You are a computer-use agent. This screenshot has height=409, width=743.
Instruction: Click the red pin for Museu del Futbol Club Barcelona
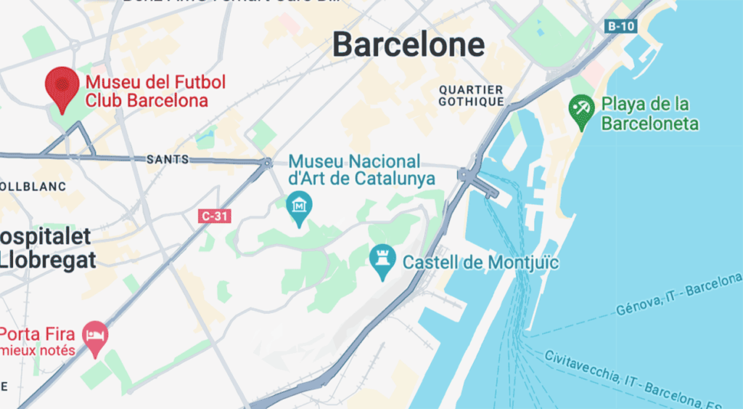coord(62,86)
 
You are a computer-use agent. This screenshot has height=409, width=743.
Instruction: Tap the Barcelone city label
coord(409,45)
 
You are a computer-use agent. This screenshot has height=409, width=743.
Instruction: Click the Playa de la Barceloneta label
coord(649,114)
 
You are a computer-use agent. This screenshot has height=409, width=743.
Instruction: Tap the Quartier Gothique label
coord(471,95)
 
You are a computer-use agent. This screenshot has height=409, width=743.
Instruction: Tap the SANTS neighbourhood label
coord(168,159)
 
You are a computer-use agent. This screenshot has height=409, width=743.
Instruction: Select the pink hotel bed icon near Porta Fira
coord(97,336)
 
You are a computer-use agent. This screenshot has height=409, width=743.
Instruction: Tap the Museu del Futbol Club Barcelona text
coord(155,91)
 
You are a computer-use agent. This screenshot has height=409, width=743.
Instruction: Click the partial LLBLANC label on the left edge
coord(33,187)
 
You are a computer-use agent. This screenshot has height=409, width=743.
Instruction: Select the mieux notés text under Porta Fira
coord(38,350)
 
